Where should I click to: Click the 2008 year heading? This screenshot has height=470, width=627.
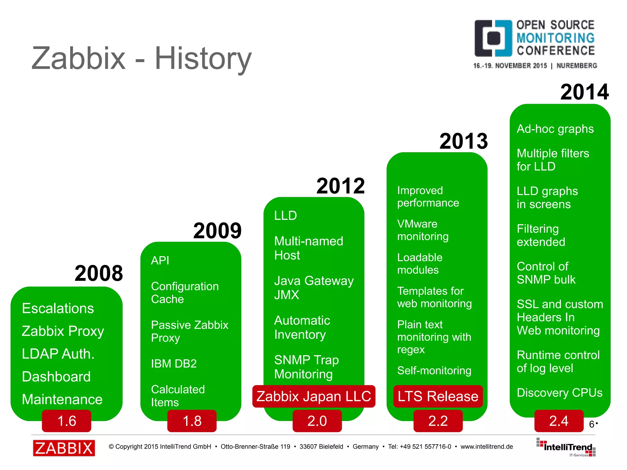point(99,273)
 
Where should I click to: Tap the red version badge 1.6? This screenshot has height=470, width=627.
point(66,421)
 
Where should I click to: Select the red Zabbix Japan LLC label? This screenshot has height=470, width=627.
point(313,396)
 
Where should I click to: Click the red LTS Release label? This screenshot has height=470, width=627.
point(438,396)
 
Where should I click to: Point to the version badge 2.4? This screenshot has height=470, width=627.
point(559,421)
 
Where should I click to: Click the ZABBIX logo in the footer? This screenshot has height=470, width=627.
point(64,448)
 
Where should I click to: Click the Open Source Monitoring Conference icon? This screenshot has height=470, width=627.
point(493,38)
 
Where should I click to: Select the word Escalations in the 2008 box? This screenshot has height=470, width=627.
point(58,308)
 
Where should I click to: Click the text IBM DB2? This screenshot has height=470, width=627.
point(174,363)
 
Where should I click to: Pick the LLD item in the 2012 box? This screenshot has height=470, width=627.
point(285,216)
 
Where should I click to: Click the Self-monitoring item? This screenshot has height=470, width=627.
point(434,370)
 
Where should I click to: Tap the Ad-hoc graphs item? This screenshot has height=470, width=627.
point(555,129)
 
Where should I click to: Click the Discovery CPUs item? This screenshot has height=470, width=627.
point(559,393)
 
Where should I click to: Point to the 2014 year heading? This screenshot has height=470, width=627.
point(584,92)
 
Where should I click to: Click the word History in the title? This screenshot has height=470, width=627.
point(203,58)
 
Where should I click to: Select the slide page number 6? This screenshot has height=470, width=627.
point(592,424)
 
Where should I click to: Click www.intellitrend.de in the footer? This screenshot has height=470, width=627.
point(486,446)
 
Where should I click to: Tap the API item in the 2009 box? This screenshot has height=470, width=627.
point(160,260)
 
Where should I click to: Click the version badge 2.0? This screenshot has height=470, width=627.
point(317,421)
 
